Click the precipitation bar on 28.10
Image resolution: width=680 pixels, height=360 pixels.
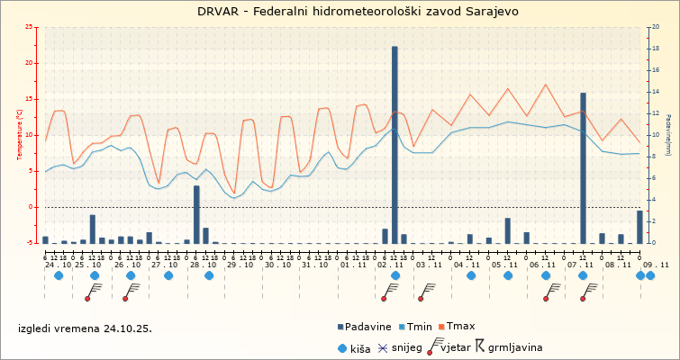pyautogui.click(x=196, y=214)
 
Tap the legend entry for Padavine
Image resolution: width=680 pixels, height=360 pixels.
pyautogui.click(x=365, y=326)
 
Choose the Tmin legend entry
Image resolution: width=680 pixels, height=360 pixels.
pyautogui.click(x=420, y=326)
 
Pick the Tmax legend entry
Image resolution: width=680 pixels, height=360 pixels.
pyautogui.click(x=461, y=326)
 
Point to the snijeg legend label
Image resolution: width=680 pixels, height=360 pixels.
pyautogui.click(x=408, y=346)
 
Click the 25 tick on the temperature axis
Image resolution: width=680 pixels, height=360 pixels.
pyautogui.click(x=31, y=27)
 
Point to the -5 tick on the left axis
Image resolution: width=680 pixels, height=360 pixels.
pyautogui.click(x=31, y=243)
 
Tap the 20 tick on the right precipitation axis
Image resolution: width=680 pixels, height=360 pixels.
pyautogui.click(x=655, y=27)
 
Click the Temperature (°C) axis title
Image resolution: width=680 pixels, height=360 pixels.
pyautogui.click(x=20, y=135)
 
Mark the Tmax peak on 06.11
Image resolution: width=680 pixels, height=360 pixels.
pyautogui.click(x=546, y=85)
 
